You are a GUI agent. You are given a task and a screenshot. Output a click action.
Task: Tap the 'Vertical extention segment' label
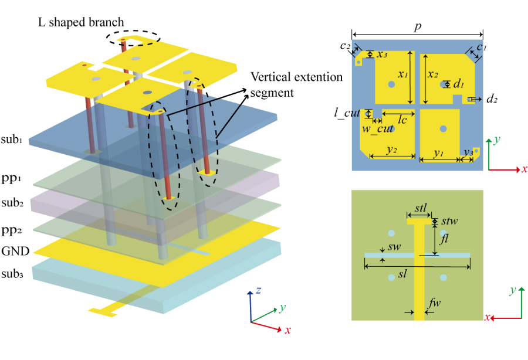click(296, 85)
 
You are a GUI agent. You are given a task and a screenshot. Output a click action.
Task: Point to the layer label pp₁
click(12, 176)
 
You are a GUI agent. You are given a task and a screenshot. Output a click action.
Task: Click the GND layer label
click(15, 251)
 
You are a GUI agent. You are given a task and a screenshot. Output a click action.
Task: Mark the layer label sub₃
click(13, 274)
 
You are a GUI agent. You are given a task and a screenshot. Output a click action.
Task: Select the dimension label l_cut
click(347, 112)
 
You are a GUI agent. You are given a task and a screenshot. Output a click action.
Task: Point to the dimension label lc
click(403, 119)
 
